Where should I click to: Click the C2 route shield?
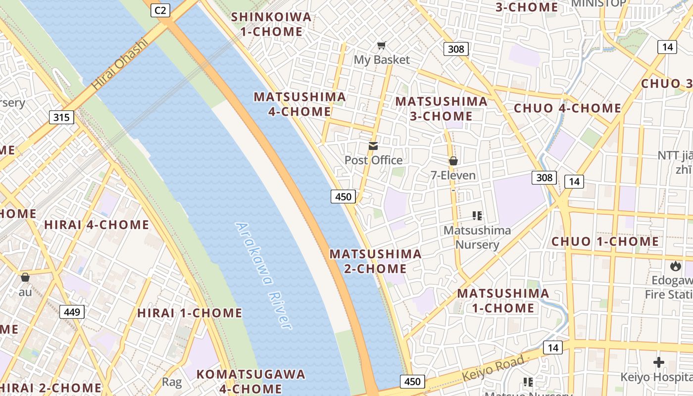click(160, 10)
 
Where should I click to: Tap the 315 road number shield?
click(61, 117)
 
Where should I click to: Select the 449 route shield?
click(72, 312)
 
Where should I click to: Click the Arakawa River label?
click(263, 275)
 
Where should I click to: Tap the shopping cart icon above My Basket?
click(381, 46)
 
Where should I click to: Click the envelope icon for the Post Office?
click(373, 146)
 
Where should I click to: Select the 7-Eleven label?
click(453, 175)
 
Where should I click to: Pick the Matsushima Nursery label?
click(477, 237)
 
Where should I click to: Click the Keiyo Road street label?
click(493, 369)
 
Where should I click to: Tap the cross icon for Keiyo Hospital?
click(659, 362)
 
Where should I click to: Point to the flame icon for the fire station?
click(676, 266)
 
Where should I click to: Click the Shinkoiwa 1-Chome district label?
click(272, 24)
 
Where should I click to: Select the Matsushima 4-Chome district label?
click(299, 104)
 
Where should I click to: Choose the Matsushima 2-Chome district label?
click(376, 261)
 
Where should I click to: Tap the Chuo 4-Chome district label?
click(567, 108)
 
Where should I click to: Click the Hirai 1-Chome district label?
click(190, 313)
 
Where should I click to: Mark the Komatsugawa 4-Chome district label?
click(251, 381)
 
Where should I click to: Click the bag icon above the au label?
click(25, 277)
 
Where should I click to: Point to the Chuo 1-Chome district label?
click(605, 242)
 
